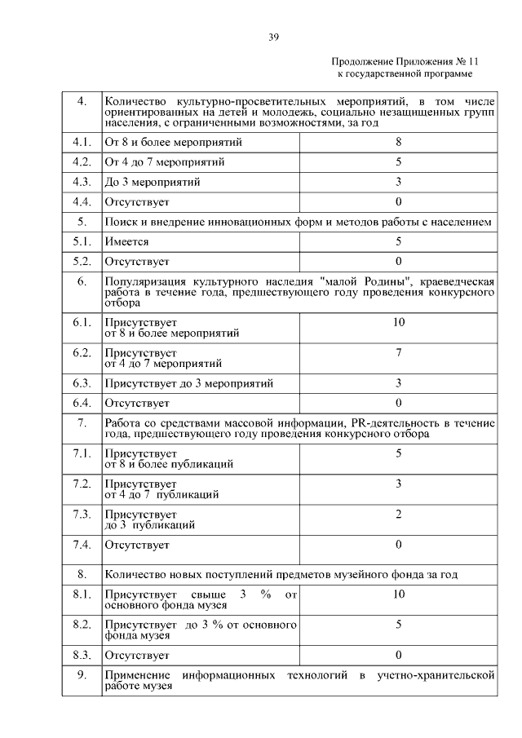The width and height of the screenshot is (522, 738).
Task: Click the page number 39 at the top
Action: click(273, 35)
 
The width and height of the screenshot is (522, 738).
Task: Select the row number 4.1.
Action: click(81, 142)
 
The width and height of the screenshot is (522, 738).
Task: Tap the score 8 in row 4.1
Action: click(398, 142)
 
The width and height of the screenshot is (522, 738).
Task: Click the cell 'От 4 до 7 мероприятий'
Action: click(164, 161)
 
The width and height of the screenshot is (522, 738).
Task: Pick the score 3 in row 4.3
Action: click(398, 181)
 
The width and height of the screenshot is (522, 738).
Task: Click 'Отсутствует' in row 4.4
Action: click(136, 201)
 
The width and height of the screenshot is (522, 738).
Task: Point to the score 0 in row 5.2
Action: click(398, 261)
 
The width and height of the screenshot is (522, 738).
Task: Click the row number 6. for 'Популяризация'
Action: click(82, 282)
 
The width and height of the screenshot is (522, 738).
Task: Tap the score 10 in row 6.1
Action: click(398, 323)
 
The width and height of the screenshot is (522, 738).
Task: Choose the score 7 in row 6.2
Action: click(398, 353)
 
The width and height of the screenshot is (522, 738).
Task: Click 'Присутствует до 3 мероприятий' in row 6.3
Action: click(188, 382)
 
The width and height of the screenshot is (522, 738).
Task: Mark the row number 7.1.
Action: click(81, 453)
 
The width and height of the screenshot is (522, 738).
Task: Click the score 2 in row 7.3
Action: click(398, 514)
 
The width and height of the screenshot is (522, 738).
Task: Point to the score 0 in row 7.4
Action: click(398, 544)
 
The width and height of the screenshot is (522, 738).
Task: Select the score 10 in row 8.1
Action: click(398, 594)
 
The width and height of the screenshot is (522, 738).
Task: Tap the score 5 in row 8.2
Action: click(398, 625)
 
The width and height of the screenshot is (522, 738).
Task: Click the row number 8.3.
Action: click(81, 655)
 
